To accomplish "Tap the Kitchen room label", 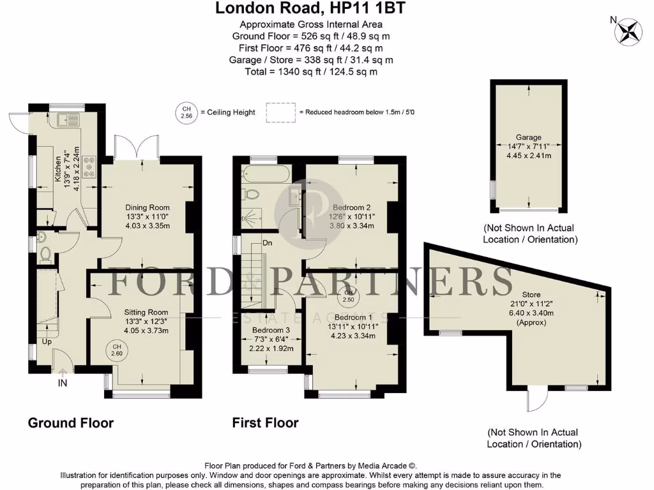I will click(57, 170).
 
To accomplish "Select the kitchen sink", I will click(67, 119).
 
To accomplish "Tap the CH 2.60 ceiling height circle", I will click(116, 350).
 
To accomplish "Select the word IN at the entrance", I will click(63, 383).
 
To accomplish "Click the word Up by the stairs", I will click(47, 342).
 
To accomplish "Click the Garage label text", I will click(529, 137).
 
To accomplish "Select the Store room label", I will click(531, 294).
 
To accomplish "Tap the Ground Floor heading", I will click(70, 422).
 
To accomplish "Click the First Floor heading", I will click(265, 422).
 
